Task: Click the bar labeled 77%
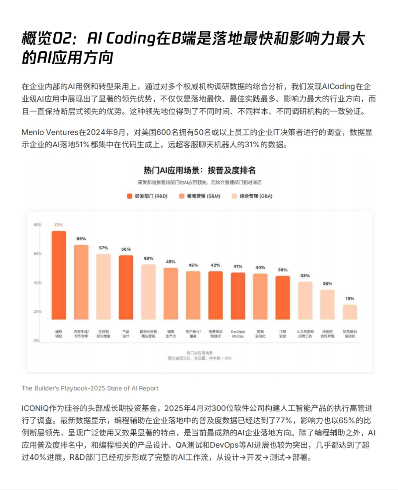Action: (x=59, y=275)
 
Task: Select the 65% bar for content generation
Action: (x=81, y=282)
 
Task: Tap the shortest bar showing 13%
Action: (x=350, y=312)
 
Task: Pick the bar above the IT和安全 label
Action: (x=283, y=297)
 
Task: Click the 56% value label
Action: (x=126, y=249)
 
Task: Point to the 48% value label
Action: (x=148, y=259)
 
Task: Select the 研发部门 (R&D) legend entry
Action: (x=147, y=196)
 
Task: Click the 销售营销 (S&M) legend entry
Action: (x=200, y=196)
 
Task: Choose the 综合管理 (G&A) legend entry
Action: (x=252, y=196)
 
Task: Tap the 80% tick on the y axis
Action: (x=37, y=225)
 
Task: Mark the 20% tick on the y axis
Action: (x=37, y=312)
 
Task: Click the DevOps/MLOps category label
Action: (x=238, y=334)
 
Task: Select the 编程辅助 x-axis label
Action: (x=59, y=334)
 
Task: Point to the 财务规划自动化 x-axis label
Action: (x=350, y=334)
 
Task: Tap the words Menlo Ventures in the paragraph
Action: (x=50, y=133)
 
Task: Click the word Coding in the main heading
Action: (x=131, y=38)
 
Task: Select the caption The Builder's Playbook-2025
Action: (x=90, y=388)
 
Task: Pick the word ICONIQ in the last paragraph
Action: (x=35, y=408)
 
